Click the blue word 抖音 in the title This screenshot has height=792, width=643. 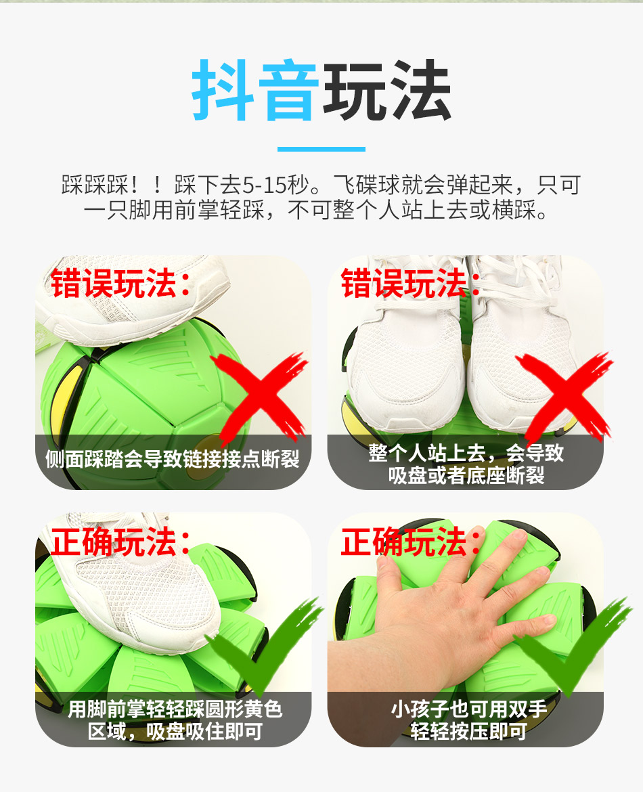(255, 90)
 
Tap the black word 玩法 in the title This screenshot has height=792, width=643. (387, 90)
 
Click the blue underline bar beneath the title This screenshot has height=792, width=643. (321, 149)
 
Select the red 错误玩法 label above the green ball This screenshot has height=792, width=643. (120, 284)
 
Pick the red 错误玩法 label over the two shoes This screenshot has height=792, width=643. (411, 284)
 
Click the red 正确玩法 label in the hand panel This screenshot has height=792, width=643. (411, 542)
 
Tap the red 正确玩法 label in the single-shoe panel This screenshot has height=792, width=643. (120, 542)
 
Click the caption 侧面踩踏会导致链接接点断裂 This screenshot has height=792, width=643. (173, 459)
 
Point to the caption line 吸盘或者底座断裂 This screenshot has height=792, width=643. (466, 475)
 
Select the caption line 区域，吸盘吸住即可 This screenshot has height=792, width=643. (175, 731)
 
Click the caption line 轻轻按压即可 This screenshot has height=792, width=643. (468, 731)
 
